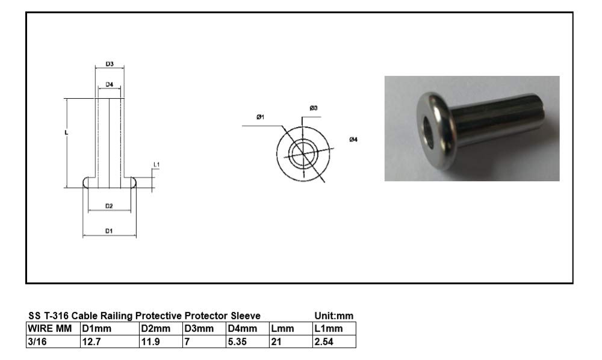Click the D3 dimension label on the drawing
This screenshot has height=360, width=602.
(110, 64)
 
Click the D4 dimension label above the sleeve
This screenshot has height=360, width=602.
(110, 85)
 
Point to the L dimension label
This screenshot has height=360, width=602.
(67, 132)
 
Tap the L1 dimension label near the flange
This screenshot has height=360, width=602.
(156, 164)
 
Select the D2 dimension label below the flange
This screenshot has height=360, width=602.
(109, 206)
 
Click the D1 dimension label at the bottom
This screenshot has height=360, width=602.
(109, 231)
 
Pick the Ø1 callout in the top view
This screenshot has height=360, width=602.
(260, 117)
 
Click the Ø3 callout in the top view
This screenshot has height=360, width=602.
(314, 108)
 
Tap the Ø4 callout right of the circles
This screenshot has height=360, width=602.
(353, 140)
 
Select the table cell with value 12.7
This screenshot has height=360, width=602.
(91, 342)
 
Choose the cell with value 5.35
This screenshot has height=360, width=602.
(238, 342)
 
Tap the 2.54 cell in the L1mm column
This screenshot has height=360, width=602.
(323, 342)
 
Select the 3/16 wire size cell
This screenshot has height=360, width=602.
(37, 342)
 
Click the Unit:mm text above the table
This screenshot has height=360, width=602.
(334, 316)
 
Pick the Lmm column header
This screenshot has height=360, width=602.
(282, 329)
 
